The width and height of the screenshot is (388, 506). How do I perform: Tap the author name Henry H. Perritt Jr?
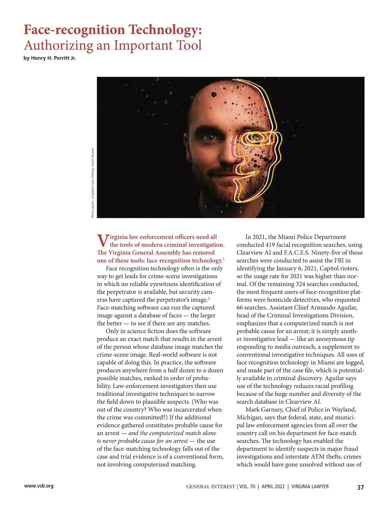(x=53, y=58)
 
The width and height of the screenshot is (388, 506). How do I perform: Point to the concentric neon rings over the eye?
(x=257, y=138)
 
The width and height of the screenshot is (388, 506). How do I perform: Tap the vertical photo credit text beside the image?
(x=92, y=183)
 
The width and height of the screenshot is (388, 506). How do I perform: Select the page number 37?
(x=360, y=487)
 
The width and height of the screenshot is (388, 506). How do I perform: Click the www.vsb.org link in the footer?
(x=39, y=486)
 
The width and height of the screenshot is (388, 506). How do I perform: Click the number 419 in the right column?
(x=270, y=245)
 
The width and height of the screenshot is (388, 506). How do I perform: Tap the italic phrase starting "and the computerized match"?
(x=172, y=433)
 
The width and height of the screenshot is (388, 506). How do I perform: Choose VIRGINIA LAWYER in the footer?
(x=310, y=487)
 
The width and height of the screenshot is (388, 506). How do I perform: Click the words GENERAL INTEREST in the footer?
(x=210, y=487)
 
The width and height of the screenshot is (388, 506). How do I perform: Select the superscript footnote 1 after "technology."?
(x=224, y=259)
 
